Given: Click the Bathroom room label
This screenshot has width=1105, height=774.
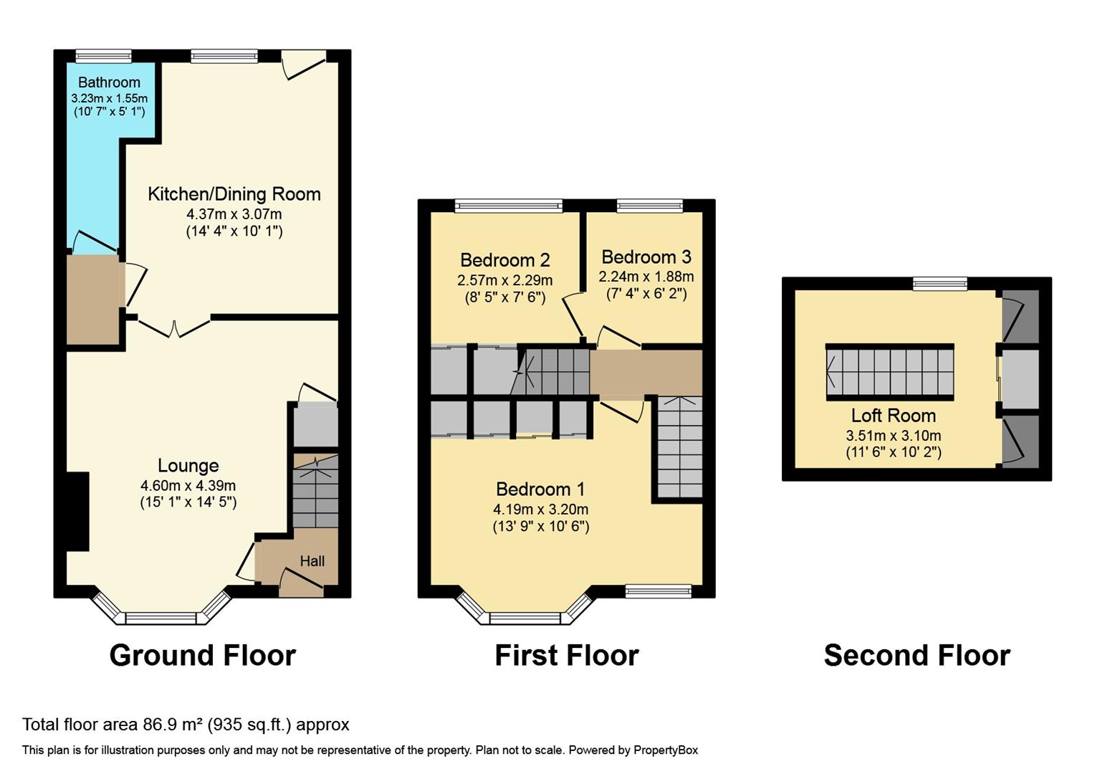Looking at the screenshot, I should pyautogui.click(x=109, y=82).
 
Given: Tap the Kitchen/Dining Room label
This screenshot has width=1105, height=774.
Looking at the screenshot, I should pyautogui.click(x=234, y=193).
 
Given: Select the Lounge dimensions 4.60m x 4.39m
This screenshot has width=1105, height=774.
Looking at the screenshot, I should pyautogui.click(x=188, y=485).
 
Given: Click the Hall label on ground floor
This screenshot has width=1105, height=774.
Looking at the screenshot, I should pyautogui.click(x=312, y=561).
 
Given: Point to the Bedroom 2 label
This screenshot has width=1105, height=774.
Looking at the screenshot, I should pyautogui.click(x=504, y=259).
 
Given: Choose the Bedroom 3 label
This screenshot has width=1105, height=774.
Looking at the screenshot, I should pyautogui.click(x=646, y=257).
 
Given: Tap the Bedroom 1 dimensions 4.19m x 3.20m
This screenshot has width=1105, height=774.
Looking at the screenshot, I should pyautogui.click(x=540, y=510).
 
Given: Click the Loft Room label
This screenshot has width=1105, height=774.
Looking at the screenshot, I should pyautogui.click(x=893, y=415).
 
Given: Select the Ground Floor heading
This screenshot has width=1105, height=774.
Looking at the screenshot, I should pyautogui.click(x=202, y=655).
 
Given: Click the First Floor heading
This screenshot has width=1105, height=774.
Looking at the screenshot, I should pyautogui.click(x=566, y=655).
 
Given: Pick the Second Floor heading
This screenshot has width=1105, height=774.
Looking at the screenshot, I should pyautogui.click(x=917, y=655).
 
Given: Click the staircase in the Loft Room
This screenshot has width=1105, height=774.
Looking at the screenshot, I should pyautogui.click(x=890, y=371).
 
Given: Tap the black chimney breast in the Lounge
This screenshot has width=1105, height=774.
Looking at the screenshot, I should pyautogui.click(x=77, y=511).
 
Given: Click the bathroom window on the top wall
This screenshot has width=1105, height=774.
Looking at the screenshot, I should pyautogui.click(x=104, y=56).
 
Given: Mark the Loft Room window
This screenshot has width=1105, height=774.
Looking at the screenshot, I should pyautogui.click(x=939, y=284).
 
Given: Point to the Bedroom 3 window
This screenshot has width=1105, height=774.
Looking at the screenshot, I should pyautogui.click(x=649, y=206).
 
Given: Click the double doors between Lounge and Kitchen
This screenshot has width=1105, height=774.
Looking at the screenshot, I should pyautogui.click(x=174, y=328).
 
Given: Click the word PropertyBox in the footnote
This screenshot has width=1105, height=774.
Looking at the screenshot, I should pyautogui.click(x=664, y=750).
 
